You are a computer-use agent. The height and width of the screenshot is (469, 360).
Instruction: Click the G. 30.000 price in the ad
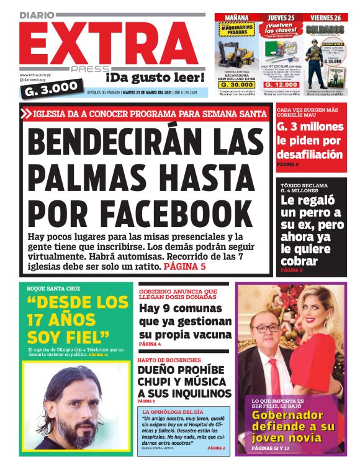[236, 86]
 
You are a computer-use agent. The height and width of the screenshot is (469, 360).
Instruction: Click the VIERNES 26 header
[327, 18]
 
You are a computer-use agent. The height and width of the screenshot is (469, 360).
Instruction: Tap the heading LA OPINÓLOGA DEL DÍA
[173, 412]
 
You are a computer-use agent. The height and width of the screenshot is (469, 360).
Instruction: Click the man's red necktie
[274, 371]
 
